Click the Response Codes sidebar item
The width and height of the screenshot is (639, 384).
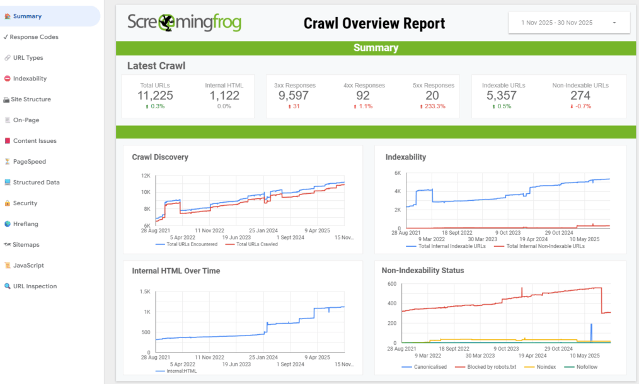(x=31, y=37)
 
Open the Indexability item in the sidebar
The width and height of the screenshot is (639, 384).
(x=25, y=79)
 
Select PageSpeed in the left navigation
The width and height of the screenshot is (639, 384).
(x=25, y=162)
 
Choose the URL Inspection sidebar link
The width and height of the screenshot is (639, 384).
(x=31, y=286)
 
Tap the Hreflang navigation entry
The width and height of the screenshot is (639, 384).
(x=21, y=224)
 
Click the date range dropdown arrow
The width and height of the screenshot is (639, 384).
(x=614, y=23)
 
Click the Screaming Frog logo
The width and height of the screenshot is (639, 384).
(x=184, y=23)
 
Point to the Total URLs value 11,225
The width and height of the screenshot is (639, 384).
(x=155, y=96)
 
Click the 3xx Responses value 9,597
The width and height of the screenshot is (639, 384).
(x=294, y=96)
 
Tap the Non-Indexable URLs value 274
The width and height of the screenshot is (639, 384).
(x=580, y=96)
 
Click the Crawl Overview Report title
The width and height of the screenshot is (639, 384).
(x=374, y=23)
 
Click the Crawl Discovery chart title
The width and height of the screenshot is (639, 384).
(x=160, y=157)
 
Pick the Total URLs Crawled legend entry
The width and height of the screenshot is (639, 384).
(x=252, y=244)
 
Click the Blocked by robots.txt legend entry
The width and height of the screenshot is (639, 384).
(x=486, y=367)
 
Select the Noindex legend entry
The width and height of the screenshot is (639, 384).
(x=541, y=367)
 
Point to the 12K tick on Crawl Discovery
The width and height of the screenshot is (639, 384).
(x=146, y=176)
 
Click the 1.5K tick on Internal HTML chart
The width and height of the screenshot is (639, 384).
(x=145, y=291)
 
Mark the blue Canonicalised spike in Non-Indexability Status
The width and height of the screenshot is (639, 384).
(x=591, y=333)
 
